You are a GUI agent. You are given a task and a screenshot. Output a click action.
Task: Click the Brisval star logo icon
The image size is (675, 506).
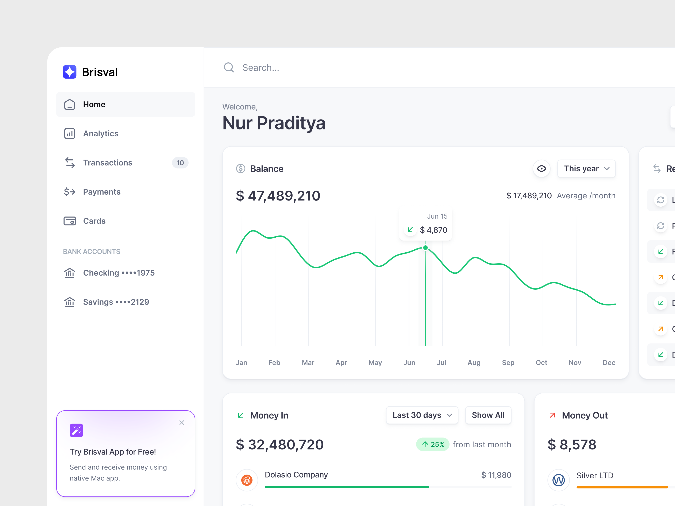coord(70,72)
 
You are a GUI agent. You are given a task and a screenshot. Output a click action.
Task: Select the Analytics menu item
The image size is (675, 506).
coord(100,134)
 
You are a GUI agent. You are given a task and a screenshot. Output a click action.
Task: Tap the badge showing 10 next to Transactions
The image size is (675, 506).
coord(180,163)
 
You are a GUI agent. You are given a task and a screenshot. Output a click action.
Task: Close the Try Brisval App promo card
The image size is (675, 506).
coord(182,423)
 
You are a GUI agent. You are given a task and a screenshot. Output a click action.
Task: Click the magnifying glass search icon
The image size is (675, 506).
coord(229,67)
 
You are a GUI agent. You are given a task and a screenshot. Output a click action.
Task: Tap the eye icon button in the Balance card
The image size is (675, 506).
coord(541,169)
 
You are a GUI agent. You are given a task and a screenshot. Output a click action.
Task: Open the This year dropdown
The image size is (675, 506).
coord(586,169)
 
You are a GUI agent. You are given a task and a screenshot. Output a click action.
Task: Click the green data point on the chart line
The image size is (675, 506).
coord(425,248)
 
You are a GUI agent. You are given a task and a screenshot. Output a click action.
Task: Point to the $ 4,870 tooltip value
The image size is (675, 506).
coord(433,230)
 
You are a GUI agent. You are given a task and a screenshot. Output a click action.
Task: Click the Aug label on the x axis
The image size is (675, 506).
coord(474,363)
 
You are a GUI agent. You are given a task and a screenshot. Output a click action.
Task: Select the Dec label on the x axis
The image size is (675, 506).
coord(609,363)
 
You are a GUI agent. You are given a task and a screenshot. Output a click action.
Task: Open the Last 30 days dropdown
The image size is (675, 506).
coord(422,415)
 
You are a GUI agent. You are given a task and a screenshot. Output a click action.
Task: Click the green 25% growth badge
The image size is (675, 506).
coord(432,444)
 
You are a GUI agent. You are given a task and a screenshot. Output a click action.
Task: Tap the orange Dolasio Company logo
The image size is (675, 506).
coord(247,480)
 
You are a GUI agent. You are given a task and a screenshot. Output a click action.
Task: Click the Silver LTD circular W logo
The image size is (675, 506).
coord(558,480)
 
